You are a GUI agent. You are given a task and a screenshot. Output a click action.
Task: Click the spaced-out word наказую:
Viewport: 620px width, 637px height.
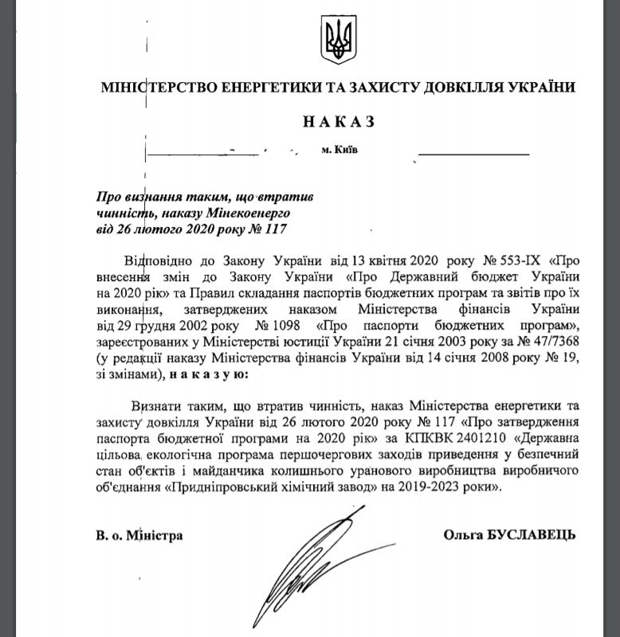click(x=210, y=373)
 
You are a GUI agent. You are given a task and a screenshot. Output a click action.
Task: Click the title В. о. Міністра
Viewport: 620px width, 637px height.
click(x=134, y=535)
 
